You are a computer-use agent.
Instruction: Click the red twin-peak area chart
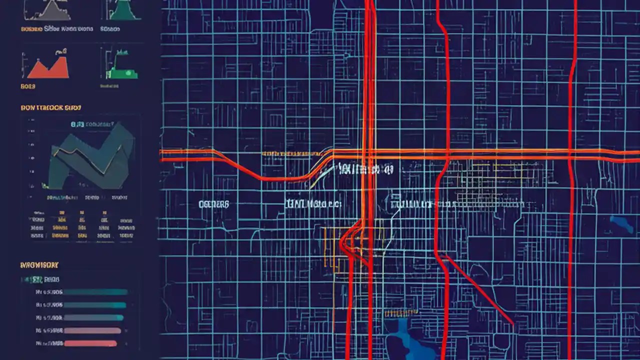48,69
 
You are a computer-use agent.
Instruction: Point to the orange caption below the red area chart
28,86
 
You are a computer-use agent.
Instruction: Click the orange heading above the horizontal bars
39,265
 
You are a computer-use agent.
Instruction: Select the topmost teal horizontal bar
95,292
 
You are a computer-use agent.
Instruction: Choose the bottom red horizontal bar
90,343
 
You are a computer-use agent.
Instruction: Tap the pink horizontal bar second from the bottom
92,330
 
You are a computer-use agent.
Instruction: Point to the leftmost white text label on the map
213,204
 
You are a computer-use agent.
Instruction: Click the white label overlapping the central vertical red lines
365,170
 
